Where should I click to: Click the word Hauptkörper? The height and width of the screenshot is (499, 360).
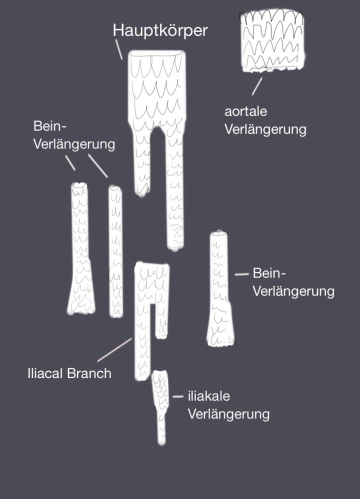pyautogui.click(x=161, y=32)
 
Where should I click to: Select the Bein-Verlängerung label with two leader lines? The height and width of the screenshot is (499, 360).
pyautogui.click(x=74, y=136)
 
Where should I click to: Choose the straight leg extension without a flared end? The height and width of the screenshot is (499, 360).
pyautogui.click(x=116, y=250)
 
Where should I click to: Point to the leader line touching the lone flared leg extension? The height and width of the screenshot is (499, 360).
pyautogui.click(x=240, y=273)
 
